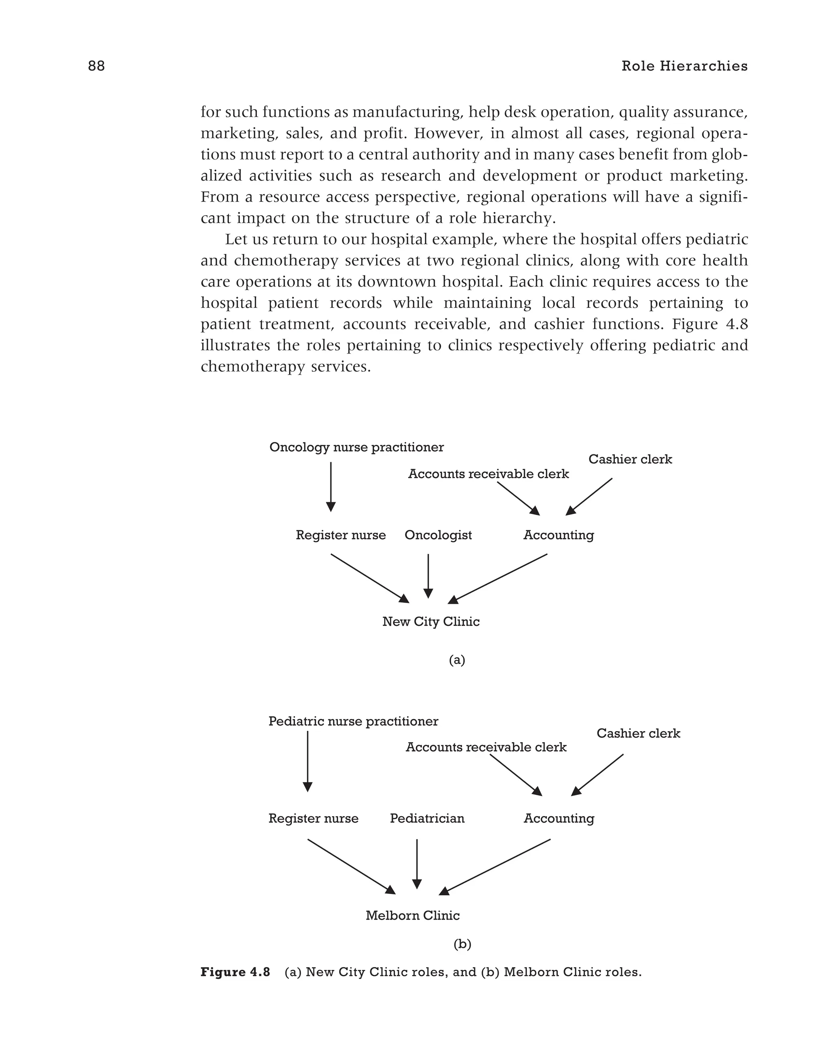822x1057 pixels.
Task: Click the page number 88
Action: tap(96, 66)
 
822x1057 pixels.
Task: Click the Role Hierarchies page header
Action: tap(684, 66)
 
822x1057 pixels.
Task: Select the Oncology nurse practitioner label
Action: tap(356, 447)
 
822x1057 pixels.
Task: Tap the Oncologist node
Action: tap(438, 535)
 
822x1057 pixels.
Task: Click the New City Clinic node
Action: tap(431, 621)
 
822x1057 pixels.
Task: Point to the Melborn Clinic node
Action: tap(412, 915)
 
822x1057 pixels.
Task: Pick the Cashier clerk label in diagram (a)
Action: tap(630, 459)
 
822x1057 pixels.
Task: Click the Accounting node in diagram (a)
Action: tap(558, 535)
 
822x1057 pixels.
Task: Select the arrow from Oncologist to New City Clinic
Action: tap(428, 576)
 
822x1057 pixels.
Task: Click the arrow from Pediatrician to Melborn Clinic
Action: tap(417, 864)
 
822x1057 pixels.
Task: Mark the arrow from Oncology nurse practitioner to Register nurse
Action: tap(331, 487)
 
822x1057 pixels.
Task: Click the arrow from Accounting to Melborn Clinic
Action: tap(494, 867)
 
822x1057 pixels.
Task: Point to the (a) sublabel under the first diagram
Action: tap(457, 660)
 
